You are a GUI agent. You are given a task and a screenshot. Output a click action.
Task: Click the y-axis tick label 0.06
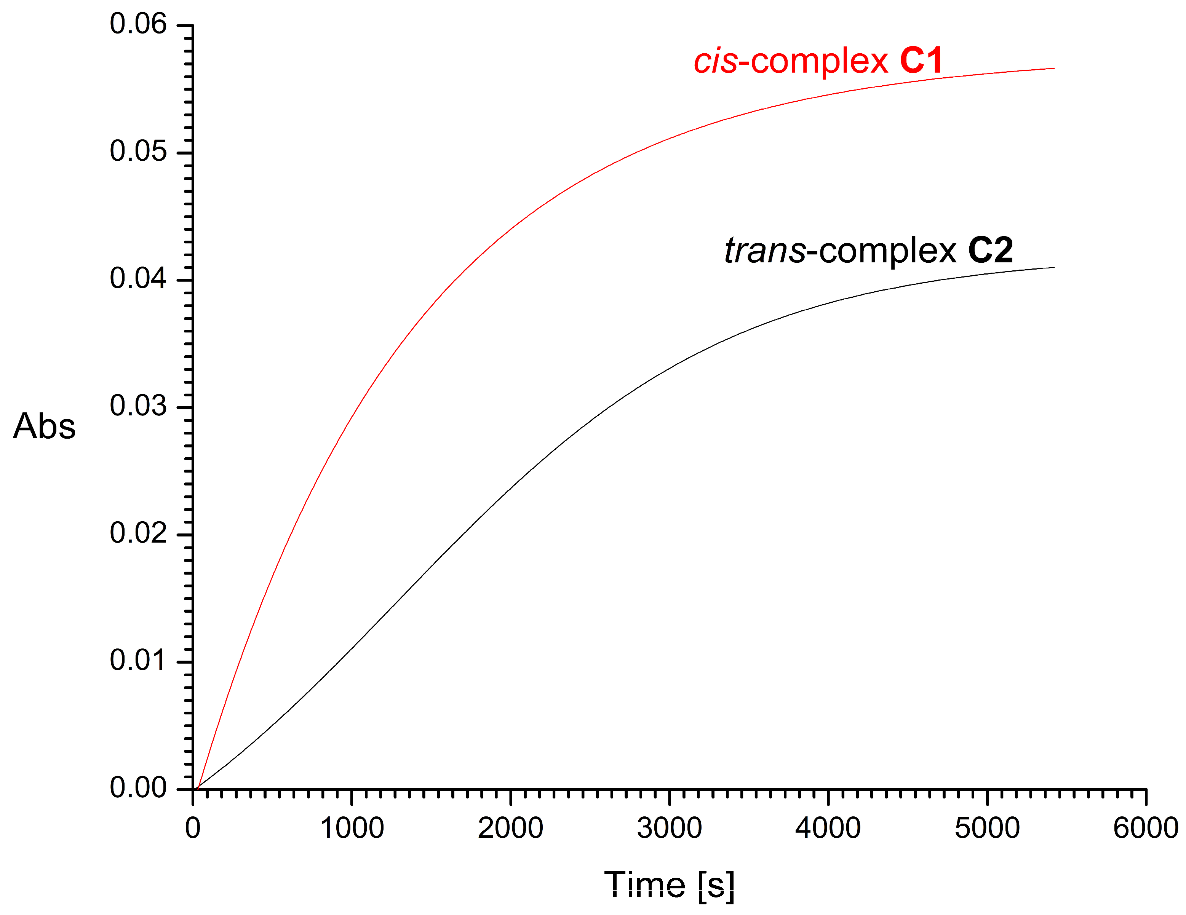pyautogui.click(x=138, y=24)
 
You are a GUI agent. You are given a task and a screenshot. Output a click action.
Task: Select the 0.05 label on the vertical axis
pyautogui.click(x=138, y=152)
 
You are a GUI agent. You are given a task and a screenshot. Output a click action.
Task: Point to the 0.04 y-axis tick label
pyautogui.click(x=138, y=279)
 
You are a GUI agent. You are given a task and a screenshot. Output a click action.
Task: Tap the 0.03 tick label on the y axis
pyautogui.click(x=138, y=406)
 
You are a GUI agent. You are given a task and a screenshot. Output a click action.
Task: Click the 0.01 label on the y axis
pyautogui.click(x=138, y=661)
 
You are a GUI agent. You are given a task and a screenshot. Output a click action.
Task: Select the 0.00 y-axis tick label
pyautogui.click(x=138, y=788)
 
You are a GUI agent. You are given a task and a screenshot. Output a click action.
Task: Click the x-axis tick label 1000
pyautogui.click(x=352, y=829)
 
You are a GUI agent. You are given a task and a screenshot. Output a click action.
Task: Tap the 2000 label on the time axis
pyautogui.click(x=510, y=829)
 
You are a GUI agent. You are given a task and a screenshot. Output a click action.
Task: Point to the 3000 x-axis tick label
pyautogui.click(x=670, y=829)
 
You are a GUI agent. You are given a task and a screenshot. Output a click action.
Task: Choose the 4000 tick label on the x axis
pyautogui.click(x=828, y=829)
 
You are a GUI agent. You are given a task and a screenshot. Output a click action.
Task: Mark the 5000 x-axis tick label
pyautogui.click(x=987, y=829)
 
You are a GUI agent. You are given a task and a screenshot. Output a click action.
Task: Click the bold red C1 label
pyautogui.click(x=922, y=61)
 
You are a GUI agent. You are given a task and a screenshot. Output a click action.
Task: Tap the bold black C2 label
pyautogui.click(x=991, y=251)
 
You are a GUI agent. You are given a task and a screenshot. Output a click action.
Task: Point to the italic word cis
pyautogui.click(x=716, y=61)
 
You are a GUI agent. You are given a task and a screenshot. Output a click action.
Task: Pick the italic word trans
pyautogui.click(x=765, y=251)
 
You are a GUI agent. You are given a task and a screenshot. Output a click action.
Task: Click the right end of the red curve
pyautogui.click(x=1053, y=69)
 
